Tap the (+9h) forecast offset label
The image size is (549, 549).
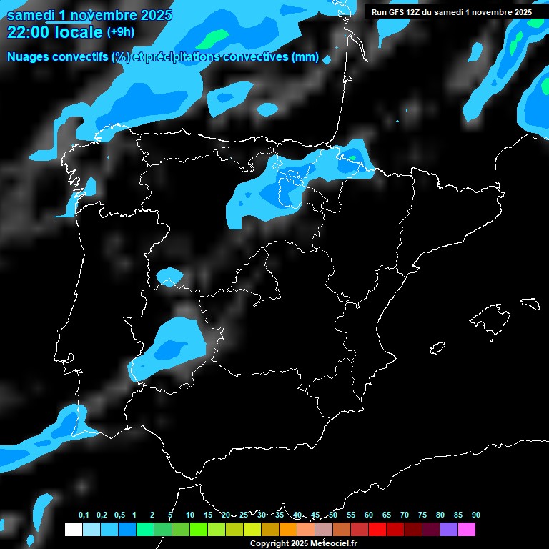click(x=120, y=32)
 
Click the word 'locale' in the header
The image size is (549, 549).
click(x=78, y=32)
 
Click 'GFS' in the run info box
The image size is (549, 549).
click(x=398, y=12)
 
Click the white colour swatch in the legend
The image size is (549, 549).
click(x=73, y=530)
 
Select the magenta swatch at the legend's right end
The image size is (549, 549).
click(x=467, y=530)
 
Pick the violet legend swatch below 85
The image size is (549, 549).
click(x=449, y=530)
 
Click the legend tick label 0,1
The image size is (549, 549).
click(x=83, y=515)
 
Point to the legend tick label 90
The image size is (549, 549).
click(x=475, y=515)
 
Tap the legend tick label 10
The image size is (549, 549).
click(x=189, y=515)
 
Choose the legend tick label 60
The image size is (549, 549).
click(x=368, y=515)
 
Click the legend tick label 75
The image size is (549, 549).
click(x=422, y=515)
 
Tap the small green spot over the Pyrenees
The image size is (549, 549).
click(x=352, y=158)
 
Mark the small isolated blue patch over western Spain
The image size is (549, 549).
click(x=169, y=276)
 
